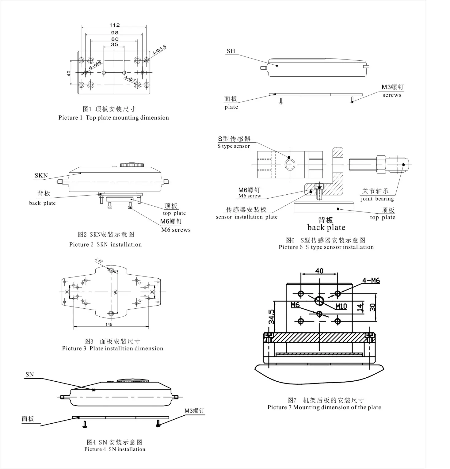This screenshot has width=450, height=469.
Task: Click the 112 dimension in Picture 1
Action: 115,25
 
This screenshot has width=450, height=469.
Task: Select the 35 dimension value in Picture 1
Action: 114,44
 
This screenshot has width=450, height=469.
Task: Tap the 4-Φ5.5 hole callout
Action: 159,50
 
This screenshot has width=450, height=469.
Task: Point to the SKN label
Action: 41,175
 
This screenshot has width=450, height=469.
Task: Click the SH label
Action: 231,51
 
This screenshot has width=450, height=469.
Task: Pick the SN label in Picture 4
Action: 30,374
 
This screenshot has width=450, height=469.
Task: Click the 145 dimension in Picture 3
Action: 109,324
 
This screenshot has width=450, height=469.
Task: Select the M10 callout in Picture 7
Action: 341,306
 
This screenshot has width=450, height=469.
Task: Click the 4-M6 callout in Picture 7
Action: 371,280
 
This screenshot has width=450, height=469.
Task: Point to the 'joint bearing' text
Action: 377,199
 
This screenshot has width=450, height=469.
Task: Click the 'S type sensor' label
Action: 234,146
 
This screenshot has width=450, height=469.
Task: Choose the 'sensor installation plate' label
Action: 246,217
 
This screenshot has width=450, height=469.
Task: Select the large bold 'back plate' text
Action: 326,227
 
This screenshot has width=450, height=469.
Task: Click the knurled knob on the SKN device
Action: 132,165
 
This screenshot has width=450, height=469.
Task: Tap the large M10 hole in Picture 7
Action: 319,301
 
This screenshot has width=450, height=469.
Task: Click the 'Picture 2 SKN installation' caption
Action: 105,245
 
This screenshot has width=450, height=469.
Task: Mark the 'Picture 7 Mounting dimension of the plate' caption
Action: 324,407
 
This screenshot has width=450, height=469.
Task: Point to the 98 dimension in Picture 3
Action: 115,292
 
